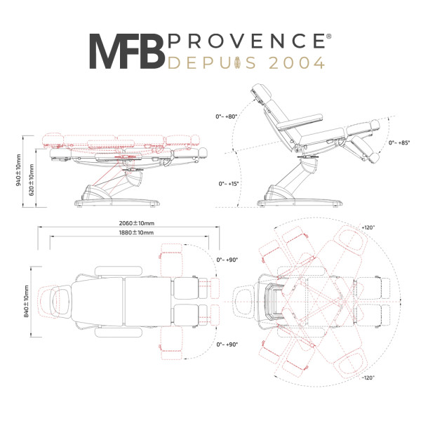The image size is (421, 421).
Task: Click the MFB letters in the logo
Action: pyautogui.click(x=127, y=51)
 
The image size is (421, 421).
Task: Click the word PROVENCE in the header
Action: pyautogui.click(x=246, y=41)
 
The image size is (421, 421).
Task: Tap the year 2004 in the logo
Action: pyautogui.click(x=296, y=63)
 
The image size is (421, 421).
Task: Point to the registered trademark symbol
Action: pyautogui.click(x=328, y=36)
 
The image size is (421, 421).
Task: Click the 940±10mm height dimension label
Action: pyautogui.click(x=18, y=171)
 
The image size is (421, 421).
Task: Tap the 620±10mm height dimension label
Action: pyautogui.click(x=32, y=180)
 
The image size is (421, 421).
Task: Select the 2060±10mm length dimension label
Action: pyautogui.click(x=137, y=223)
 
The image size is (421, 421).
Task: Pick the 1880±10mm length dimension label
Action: pyautogui.click(x=136, y=232)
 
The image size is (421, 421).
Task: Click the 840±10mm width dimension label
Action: pyautogui.click(x=27, y=302)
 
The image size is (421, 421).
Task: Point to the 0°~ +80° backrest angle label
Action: pyautogui.click(x=227, y=116)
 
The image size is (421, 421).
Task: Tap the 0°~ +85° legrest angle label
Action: pyautogui.click(x=399, y=142)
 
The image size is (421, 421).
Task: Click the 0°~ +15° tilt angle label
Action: pyautogui.click(x=229, y=184)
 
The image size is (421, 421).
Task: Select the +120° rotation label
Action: pyautogui.click(x=368, y=227)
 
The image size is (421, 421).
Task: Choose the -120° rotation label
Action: pyautogui.click(x=368, y=377)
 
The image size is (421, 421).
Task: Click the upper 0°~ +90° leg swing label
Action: pyautogui.click(x=227, y=260)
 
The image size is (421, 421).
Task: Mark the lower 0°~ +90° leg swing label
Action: pyautogui.click(x=227, y=345)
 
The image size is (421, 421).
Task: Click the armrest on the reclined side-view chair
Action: pyautogui.click(x=300, y=122)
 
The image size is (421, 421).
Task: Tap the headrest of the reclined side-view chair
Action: pyautogui.click(x=261, y=93)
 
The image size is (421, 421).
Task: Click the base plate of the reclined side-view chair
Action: pyautogui.click(x=300, y=203)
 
